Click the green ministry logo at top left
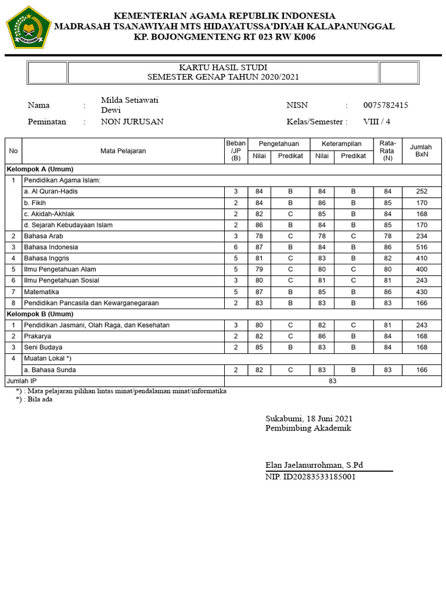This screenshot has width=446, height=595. click(x=28, y=27)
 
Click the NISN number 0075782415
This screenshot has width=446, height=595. click(x=386, y=105)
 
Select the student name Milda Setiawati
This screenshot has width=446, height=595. click(x=130, y=100)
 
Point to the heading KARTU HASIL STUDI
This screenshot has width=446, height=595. click(x=223, y=68)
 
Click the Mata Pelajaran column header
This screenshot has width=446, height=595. click(x=123, y=151)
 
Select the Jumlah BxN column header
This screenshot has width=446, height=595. click(x=421, y=151)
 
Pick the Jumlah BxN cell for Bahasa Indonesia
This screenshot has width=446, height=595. click(x=421, y=248)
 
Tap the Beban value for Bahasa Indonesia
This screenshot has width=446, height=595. click(x=236, y=248)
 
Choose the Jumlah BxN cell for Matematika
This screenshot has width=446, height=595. click(x=421, y=292)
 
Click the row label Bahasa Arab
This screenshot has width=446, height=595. click(x=44, y=236)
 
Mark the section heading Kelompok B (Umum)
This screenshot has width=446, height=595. click(x=40, y=314)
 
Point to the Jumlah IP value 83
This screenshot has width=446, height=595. click(x=332, y=381)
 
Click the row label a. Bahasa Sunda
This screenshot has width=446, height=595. click(x=50, y=370)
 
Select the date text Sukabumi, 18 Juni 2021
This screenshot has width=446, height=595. click(x=309, y=418)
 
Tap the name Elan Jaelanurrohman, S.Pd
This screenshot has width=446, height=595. click(x=314, y=465)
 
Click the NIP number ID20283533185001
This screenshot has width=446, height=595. click(x=311, y=477)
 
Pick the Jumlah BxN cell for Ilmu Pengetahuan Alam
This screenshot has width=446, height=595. click(x=421, y=270)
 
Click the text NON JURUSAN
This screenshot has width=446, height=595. click(x=132, y=122)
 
